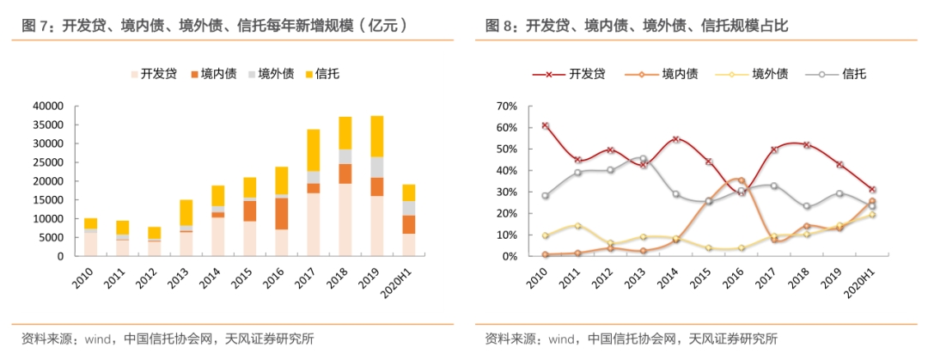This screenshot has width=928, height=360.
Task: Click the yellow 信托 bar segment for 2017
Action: [x=313, y=150]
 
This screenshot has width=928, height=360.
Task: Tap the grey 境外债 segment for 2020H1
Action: [x=409, y=209]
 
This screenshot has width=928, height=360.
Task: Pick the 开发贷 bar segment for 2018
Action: [x=345, y=220]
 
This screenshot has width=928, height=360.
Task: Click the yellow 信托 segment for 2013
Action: [x=186, y=213]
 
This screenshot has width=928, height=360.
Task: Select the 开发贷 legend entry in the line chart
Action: [x=570, y=75]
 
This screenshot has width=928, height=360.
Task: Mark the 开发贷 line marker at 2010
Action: [x=545, y=125]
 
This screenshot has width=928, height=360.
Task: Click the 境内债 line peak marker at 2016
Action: [x=741, y=180]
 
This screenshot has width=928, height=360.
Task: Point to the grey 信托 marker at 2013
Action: [x=643, y=159]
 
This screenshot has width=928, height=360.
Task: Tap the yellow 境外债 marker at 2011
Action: [x=577, y=226]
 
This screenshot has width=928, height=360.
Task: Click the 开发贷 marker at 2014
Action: [x=675, y=139]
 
